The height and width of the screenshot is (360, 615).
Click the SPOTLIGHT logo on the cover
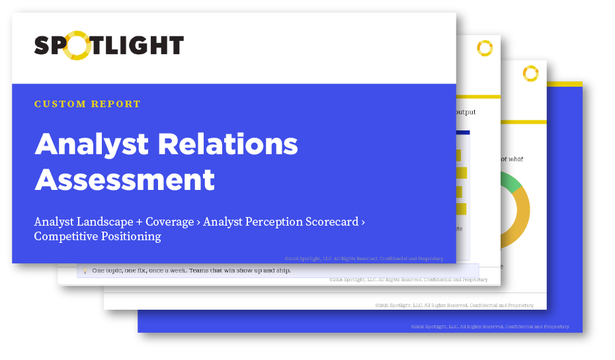109,46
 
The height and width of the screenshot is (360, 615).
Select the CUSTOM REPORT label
87,104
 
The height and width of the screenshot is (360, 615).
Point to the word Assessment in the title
124,179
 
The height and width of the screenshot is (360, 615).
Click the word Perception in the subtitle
272,222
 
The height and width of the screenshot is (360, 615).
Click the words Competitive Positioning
97,236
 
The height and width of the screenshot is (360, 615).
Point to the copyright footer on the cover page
364,259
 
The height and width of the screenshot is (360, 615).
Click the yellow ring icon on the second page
485,48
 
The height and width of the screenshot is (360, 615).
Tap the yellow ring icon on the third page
530,73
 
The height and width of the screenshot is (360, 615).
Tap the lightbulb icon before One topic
84,271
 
